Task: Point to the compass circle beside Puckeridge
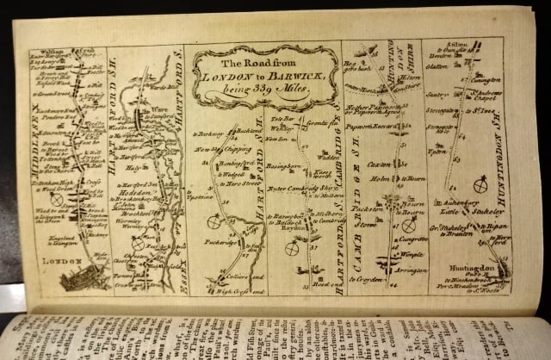(213, 221)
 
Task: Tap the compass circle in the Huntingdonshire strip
(480, 184)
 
